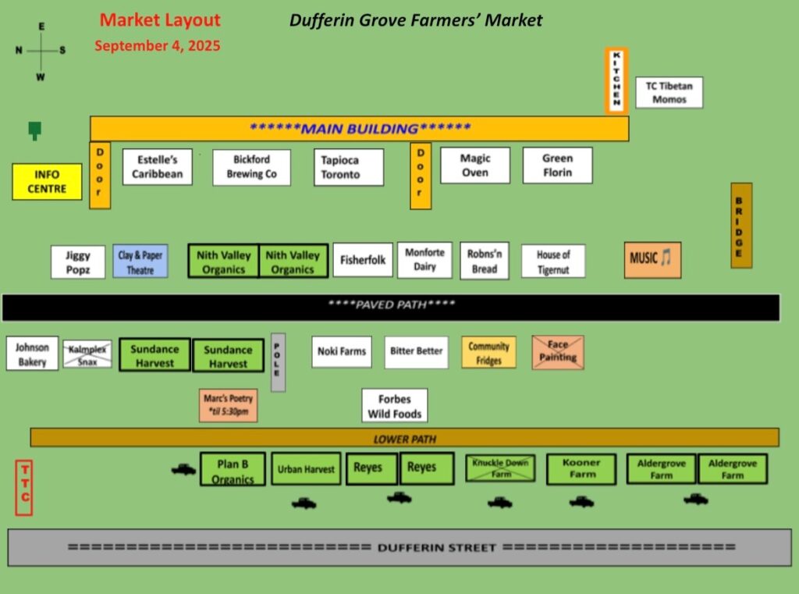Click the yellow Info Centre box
tap(47, 182)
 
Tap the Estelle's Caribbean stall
tap(158, 167)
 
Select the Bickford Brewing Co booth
tap(252, 167)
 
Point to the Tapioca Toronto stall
tap(349, 167)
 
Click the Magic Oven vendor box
tap(475, 165)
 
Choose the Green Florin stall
tap(557, 165)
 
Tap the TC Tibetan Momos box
tap(669, 92)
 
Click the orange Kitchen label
tap(616, 80)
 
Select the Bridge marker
tap(741, 226)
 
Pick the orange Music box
tap(653, 260)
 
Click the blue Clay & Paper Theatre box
tap(140, 261)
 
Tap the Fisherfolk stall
tap(363, 260)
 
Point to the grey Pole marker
tap(278, 362)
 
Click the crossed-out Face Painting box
tap(558, 352)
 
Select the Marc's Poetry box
tap(229, 405)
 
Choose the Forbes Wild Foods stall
tap(395, 406)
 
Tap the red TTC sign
tap(24, 488)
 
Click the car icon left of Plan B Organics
tap(183, 469)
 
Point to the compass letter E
tap(41, 27)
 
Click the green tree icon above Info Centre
tap(34, 130)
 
